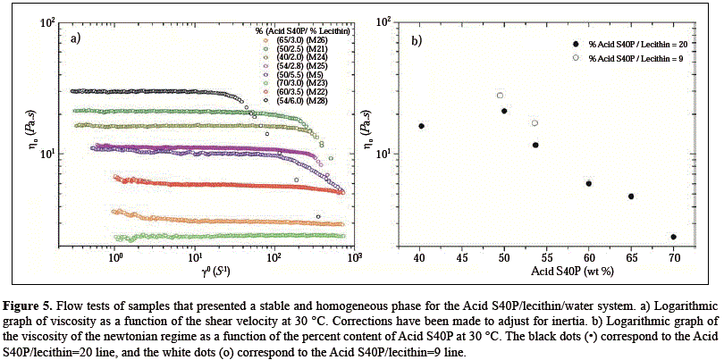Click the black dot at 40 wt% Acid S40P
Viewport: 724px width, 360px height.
click(421, 126)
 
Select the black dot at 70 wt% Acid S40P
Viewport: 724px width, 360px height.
click(673, 237)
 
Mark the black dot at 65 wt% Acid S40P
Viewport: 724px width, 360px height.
click(631, 197)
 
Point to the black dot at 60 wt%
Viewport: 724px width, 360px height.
click(589, 183)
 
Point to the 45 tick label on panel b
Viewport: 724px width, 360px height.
click(462, 257)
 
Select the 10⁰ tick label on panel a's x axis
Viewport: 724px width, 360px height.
click(114, 257)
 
